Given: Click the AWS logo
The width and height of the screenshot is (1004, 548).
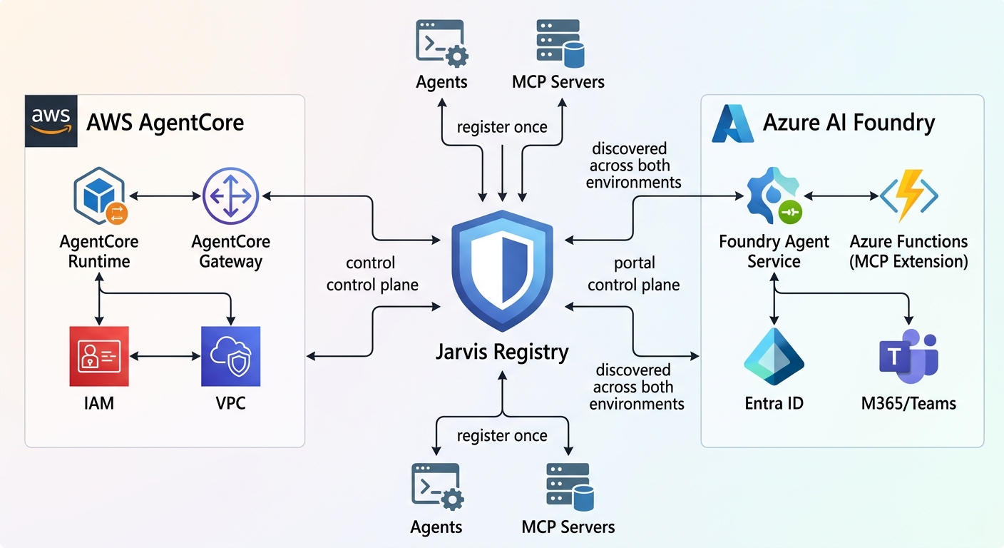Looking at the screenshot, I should (51, 121).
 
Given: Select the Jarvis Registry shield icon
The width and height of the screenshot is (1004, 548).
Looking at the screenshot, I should (503, 268).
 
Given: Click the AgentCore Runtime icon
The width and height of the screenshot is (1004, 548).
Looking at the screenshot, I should (99, 196).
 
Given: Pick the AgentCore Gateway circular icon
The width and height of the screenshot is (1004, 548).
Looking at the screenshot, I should (230, 196).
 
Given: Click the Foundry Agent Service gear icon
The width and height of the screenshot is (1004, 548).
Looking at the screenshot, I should (773, 196).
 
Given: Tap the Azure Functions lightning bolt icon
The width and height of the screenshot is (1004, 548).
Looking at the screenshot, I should (908, 196).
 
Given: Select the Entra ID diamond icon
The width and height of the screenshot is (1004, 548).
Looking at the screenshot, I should (774, 356).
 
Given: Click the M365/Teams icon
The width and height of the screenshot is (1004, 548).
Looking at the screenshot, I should (908, 357).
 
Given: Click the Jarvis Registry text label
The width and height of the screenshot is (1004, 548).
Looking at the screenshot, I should (502, 352).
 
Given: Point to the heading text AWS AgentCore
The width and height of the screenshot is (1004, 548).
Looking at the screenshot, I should (165, 122).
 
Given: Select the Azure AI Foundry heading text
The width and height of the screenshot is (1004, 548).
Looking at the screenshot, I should (849, 122).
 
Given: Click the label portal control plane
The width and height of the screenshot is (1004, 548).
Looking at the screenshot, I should (634, 274).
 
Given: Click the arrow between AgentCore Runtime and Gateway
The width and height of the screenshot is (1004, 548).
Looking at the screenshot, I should (163, 195).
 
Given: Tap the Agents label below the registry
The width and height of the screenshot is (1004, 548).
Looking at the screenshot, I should (436, 527).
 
